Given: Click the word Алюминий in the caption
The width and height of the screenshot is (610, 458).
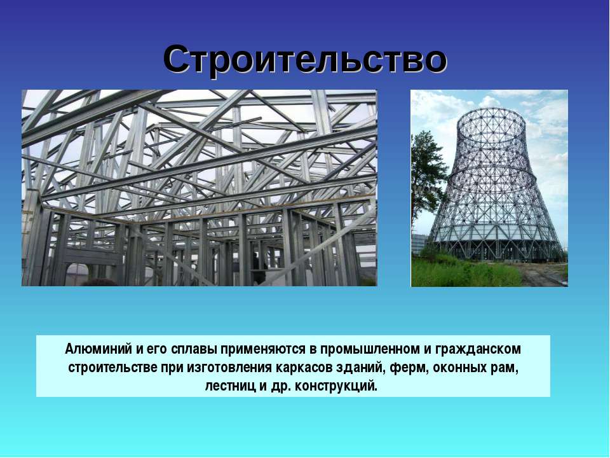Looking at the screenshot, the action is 98,349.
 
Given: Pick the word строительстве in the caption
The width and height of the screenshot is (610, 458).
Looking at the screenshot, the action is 113,368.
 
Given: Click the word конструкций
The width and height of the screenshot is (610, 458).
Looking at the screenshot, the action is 336,386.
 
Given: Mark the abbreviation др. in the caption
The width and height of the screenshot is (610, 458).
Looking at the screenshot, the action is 280,387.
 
